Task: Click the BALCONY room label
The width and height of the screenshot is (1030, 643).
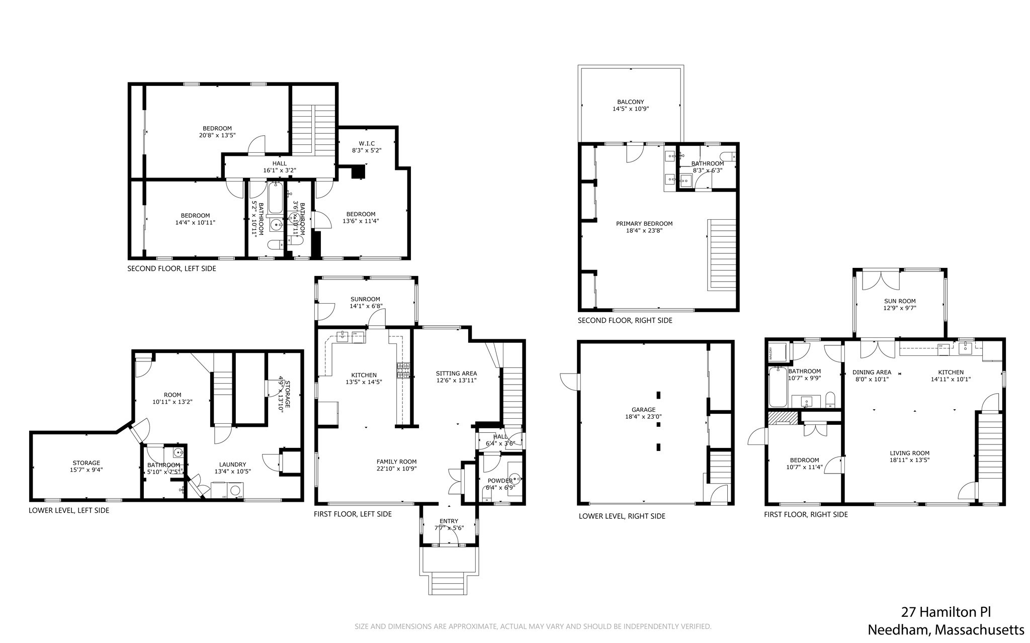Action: [630, 102]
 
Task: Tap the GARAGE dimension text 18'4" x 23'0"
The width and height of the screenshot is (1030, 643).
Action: [643, 417]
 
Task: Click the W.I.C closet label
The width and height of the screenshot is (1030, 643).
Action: [367, 143]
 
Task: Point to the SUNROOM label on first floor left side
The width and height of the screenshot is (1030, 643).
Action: [365, 299]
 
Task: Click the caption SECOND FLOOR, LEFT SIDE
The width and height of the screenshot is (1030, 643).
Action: [171, 269]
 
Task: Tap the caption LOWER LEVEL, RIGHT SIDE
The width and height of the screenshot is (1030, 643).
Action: [622, 516]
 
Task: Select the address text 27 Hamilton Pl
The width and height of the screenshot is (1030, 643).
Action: [946, 612]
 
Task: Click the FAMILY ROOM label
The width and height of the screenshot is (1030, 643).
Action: [396, 462]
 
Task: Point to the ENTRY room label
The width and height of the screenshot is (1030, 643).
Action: [449, 521]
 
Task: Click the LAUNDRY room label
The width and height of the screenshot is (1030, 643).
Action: [232, 465]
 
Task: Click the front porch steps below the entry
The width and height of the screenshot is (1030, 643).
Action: [449, 584]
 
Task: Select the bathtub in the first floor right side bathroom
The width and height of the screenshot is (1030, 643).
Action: [778, 387]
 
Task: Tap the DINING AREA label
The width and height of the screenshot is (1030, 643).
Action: [872, 373]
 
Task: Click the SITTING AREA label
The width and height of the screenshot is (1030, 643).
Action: [456, 374]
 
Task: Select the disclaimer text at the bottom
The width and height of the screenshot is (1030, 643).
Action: [533, 626]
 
